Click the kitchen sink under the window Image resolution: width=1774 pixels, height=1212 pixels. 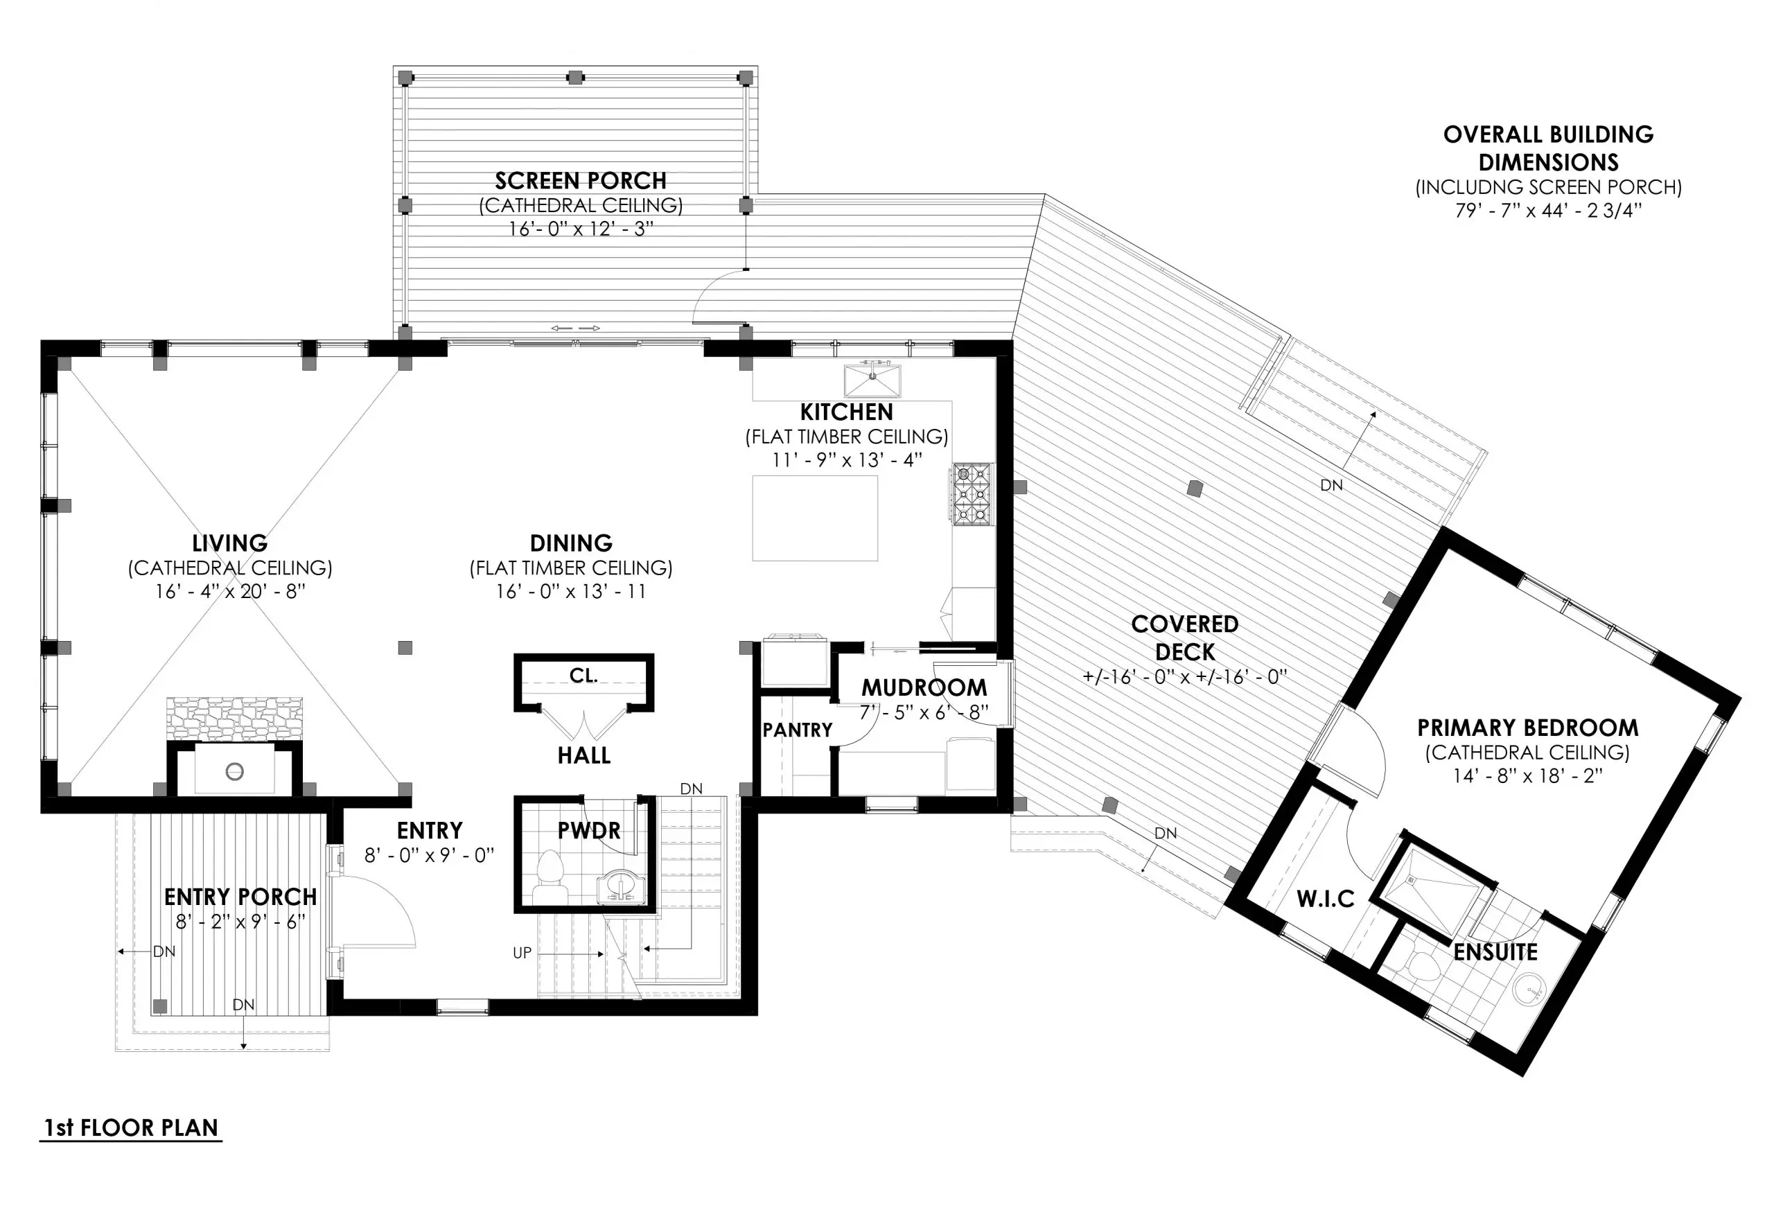pyautogui.click(x=872, y=380)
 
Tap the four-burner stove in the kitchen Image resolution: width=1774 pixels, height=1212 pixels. pyautogui.click(x=972, y=494)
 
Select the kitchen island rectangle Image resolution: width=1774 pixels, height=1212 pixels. pyautogui.click(x=814, y=518)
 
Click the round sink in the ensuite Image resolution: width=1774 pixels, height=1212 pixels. pyautogui.click(x=1529, y=989)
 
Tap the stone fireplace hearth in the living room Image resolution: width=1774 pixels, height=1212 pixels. pyautogui.click(x=234, y=718)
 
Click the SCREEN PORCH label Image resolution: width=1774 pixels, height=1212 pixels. pyautogui.click(x=580, y=181)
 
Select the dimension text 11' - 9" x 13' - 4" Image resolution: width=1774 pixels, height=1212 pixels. pyautogui.click(x=847, y=460)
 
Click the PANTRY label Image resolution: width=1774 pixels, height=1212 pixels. pyautogui.click(x=797, y=730)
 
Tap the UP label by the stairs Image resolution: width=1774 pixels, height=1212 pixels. pyautogui.click(x=522, y=954)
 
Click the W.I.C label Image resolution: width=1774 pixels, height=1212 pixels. pyautogui.click(x=1325, y=899)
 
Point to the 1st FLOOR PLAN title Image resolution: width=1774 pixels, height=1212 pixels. pyautogui.click(x=131, y=1127)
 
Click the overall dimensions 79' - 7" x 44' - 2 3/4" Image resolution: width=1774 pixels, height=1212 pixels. pyautogui.click(x=1547, y=211)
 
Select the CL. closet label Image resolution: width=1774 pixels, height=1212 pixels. pyautogui.click(x=583, y=676)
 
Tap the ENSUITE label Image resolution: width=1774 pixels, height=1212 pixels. pyautogui.click(x=1495, y=953)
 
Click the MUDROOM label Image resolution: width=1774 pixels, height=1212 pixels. pyautogui.click(x=924, y=687)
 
